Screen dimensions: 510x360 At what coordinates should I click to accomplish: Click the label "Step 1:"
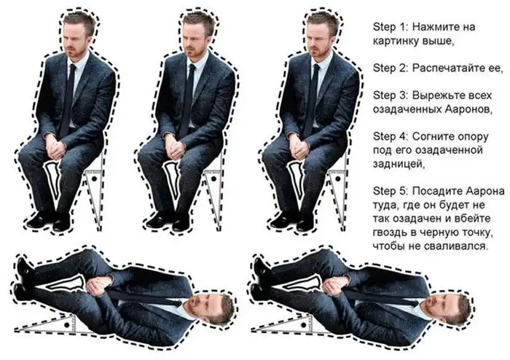click(390, 27)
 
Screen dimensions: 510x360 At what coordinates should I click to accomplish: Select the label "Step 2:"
click(391, 69)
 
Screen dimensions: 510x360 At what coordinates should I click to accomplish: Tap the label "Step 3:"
click(391, 95)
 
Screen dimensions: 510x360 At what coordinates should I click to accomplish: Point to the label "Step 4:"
click(391, 136)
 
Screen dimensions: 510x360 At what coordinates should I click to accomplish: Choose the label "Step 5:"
click(391, 191)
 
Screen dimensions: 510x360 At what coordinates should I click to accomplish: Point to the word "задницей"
click(399, 164)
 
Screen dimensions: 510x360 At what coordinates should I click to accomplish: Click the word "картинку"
click(395, 42)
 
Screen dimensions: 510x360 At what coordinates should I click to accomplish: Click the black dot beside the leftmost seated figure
click(95, 179)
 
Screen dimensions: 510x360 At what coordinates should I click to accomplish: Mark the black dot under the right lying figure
click(304, 325)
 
